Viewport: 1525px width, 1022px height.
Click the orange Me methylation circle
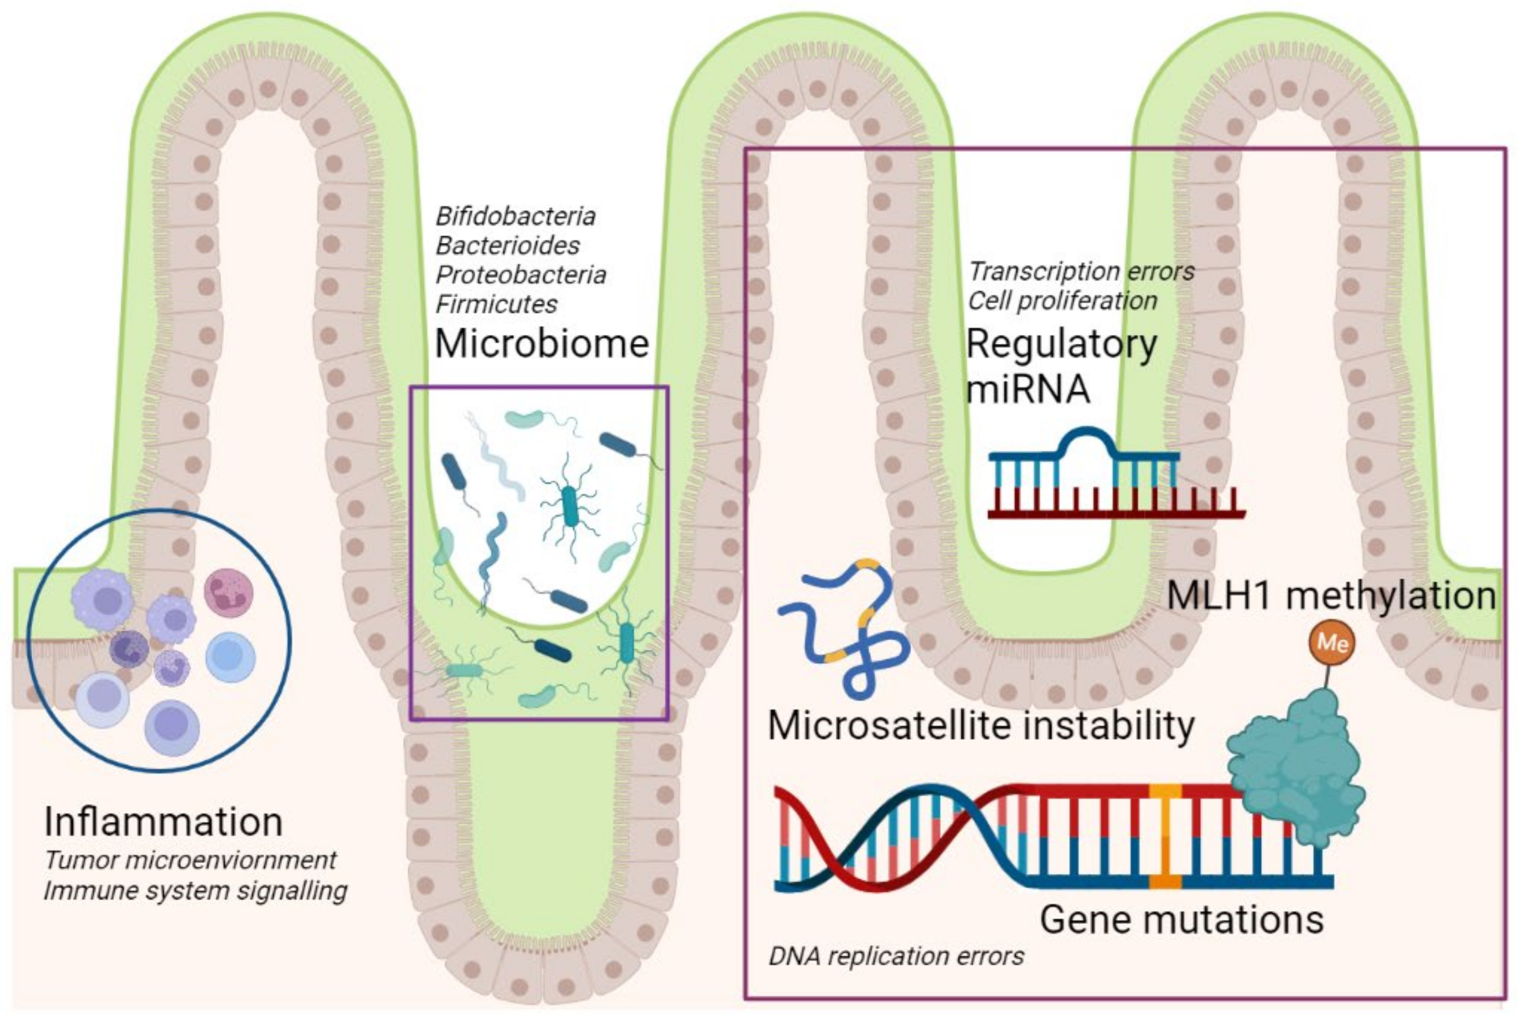(1331, 643)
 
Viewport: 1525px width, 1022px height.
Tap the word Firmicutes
(496, 304)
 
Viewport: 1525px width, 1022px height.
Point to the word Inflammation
(163, 822)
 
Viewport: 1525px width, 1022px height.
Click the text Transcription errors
(1080, 271)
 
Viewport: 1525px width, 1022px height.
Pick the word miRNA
(1028, 389)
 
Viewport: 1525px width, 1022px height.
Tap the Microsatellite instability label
(981, 725)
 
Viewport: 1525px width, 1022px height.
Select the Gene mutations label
(1181, 919)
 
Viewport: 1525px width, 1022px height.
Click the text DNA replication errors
(896, 956)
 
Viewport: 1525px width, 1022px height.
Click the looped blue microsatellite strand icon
(847, 626)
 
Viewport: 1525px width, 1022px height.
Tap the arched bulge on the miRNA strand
(1086, 442)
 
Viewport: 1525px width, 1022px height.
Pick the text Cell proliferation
(1062, 301)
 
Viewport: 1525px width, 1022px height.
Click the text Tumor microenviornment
(190, 860)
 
